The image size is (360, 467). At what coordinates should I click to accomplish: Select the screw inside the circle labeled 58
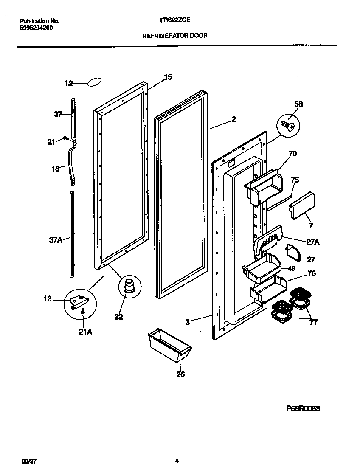(x=288, y=125)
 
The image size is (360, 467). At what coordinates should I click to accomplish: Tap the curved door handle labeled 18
(x=71, y=163)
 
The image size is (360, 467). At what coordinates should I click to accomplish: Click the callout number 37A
(x=56, y=240)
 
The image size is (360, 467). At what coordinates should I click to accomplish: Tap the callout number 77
(x=313, y=323)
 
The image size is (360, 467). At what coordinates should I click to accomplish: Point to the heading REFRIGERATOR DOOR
(x=174, y=36)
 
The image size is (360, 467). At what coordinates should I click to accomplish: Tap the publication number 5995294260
(x=36, y=28)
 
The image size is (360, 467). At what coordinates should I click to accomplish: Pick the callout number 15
(x=168, y=77)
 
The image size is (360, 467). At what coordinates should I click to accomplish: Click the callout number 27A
(x=313, y=242)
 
